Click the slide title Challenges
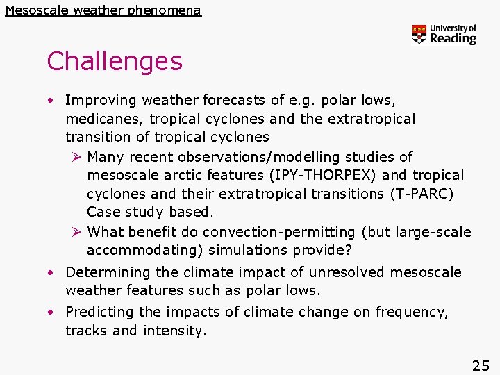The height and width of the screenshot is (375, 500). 115,62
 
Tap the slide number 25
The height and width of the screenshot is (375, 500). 481,365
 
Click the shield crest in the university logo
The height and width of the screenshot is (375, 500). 419,34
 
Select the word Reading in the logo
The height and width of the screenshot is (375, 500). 453,39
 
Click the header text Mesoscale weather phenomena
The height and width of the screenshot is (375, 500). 103,10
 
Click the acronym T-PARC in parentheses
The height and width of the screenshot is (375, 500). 429,194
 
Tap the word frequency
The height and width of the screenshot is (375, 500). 412,312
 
